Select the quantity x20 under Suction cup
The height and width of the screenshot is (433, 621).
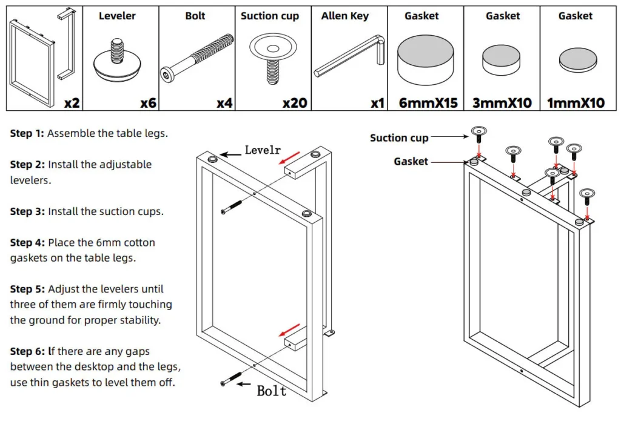pos(295,103)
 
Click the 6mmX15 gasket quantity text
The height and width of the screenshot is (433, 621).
pos(428,103)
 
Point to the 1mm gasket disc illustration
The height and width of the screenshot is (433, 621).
pos(576,59)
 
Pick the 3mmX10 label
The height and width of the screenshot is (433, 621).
pos(502,103)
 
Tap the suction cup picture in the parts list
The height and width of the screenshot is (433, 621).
pos(272,58)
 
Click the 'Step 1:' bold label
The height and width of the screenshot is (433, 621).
pos(27,133)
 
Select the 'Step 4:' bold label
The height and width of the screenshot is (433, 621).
pos(27,242)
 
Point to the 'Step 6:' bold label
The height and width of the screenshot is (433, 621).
pos(27,351)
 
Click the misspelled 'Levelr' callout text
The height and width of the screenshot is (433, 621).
pos(263,150)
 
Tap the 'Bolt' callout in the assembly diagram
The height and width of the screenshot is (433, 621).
pos(271,391)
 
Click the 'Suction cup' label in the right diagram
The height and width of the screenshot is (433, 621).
pos(399,138)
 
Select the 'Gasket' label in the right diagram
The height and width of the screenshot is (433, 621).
pos(411,161)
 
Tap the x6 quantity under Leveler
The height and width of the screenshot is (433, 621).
pos(148,103)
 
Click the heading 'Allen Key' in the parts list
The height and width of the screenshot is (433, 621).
pos(344,16)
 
